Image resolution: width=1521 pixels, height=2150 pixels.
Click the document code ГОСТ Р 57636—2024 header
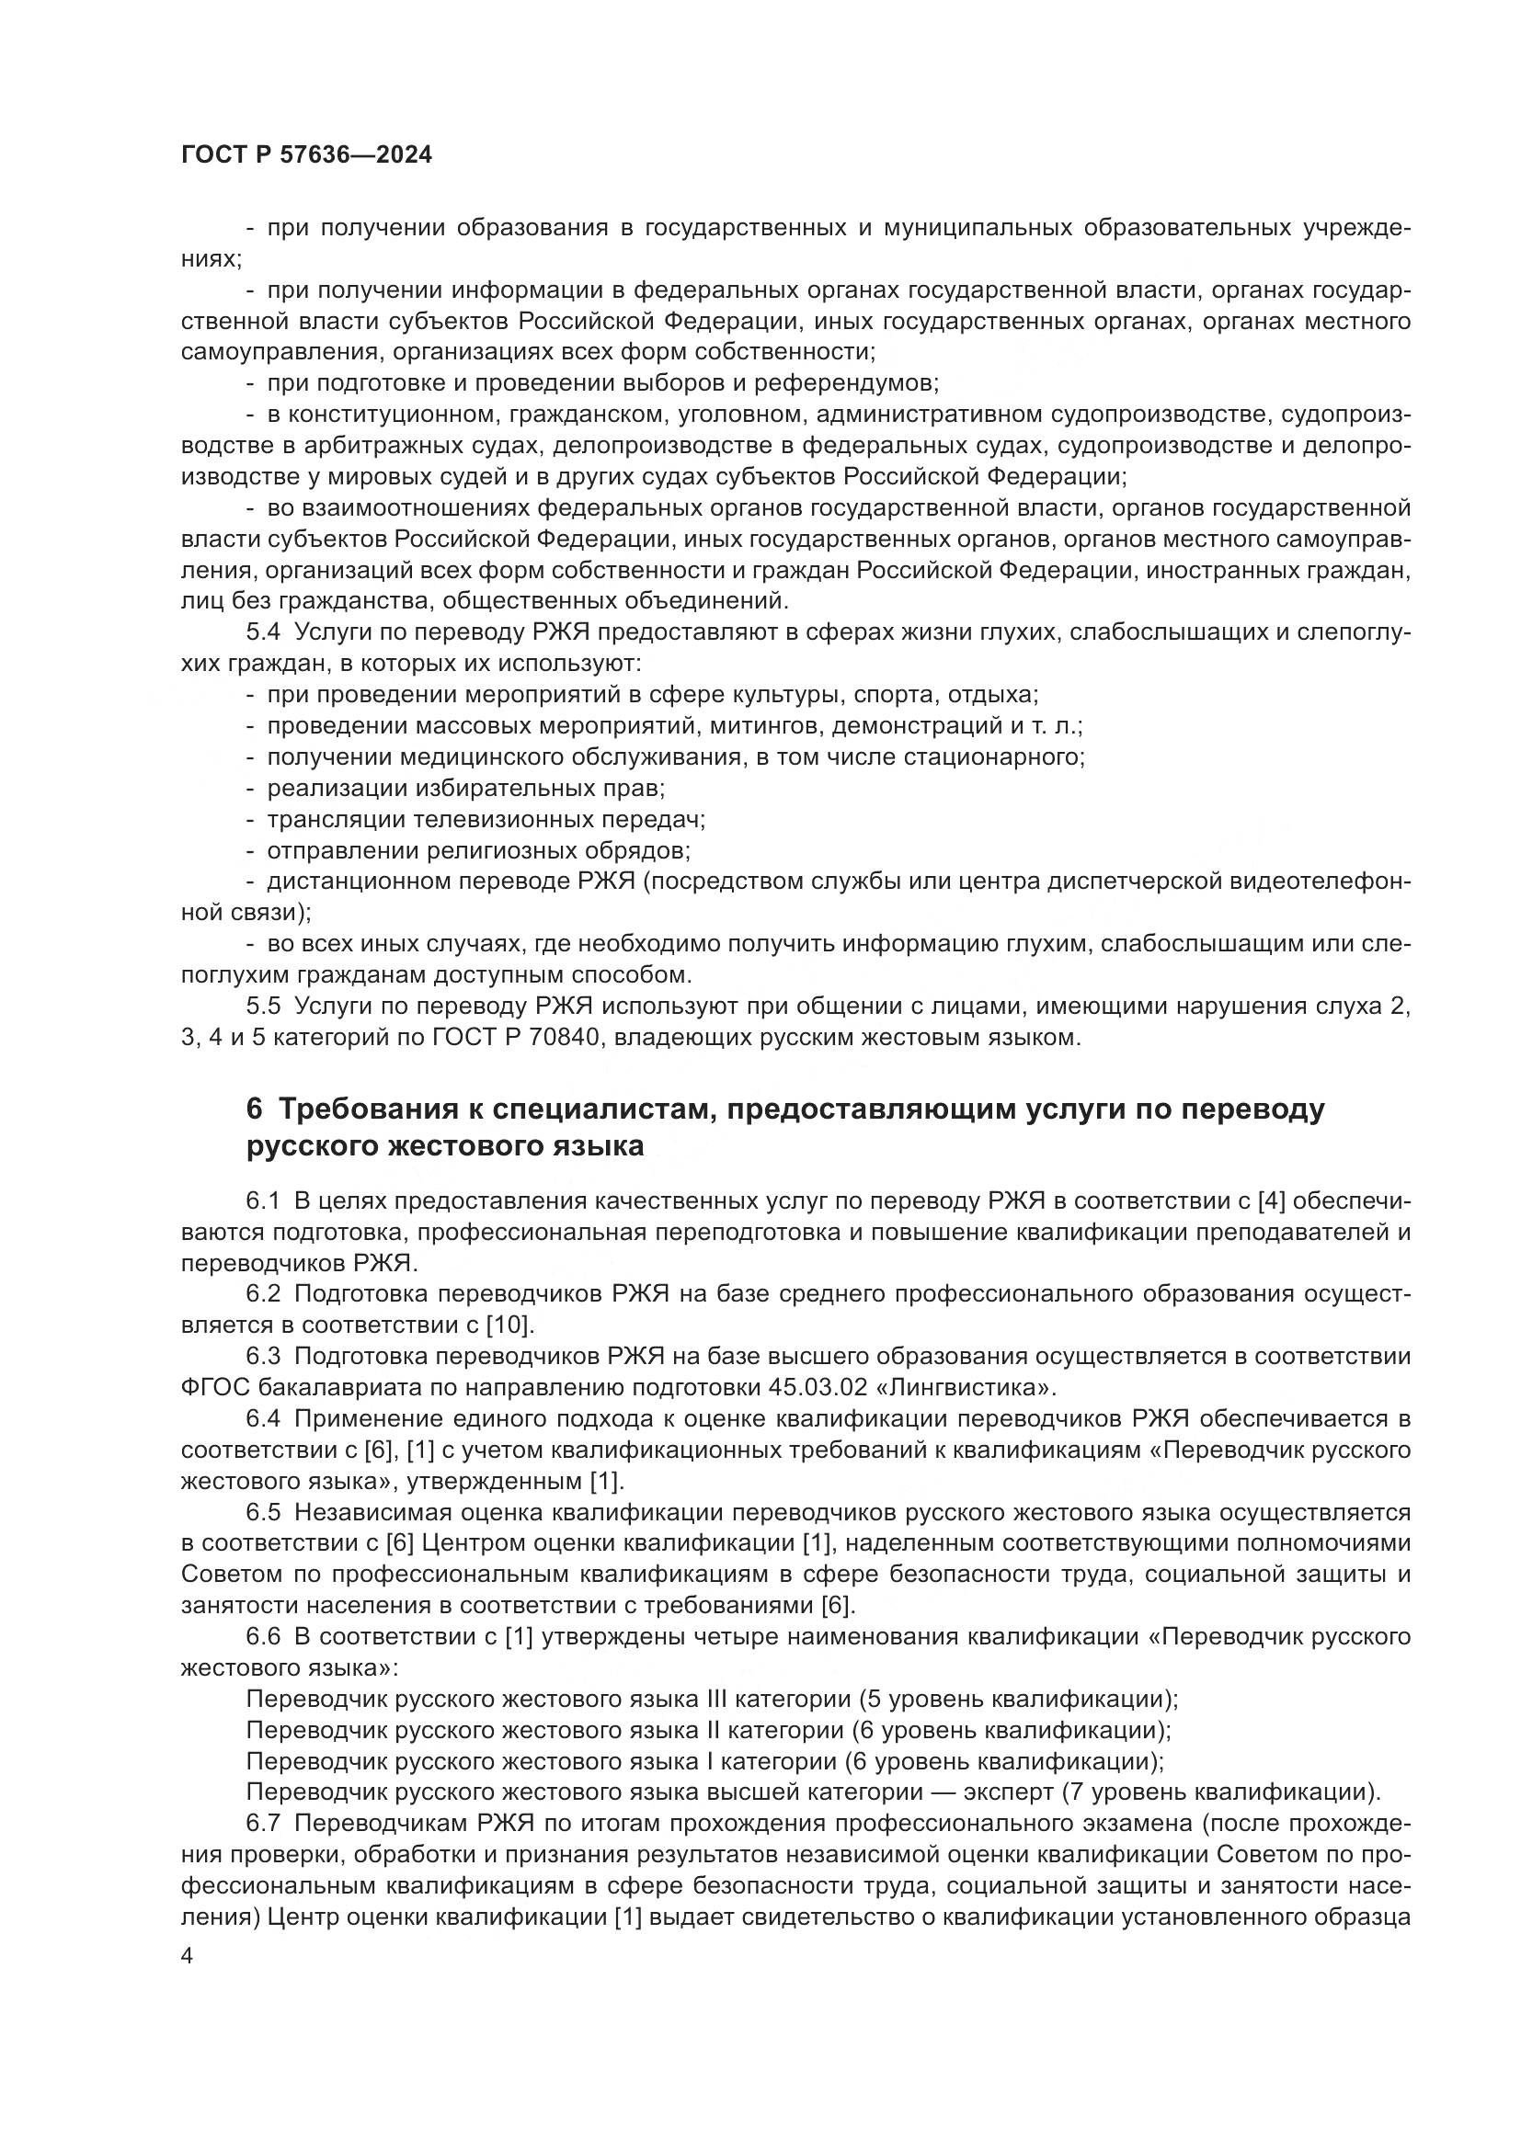(306, 155)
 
